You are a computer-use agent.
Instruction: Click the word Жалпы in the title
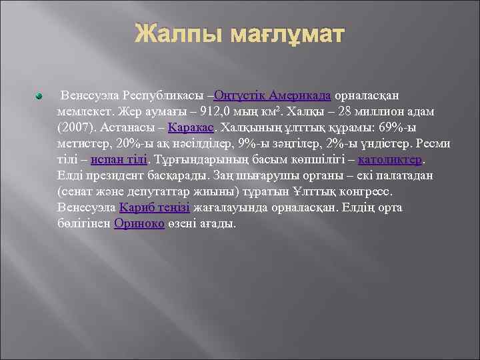pos(175,35)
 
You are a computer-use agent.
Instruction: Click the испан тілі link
pos(119,159)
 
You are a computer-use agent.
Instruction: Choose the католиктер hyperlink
pos(390,159)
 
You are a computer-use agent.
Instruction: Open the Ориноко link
pos(139,223)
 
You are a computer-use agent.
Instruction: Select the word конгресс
pos(365,191)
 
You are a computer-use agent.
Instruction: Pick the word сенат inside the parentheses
pos(77,191)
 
